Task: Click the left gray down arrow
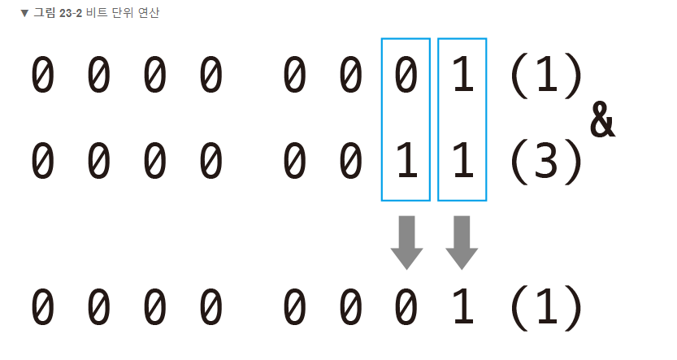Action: click(x=406, y=242)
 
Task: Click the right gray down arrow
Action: click(x=462, y=242)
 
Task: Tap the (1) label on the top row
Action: click(x=546, y=76)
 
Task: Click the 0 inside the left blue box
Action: click(x=406, y=76)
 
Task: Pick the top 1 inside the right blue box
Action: click(x=462, y=76)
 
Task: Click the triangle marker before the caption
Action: click(x=24, y=14)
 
